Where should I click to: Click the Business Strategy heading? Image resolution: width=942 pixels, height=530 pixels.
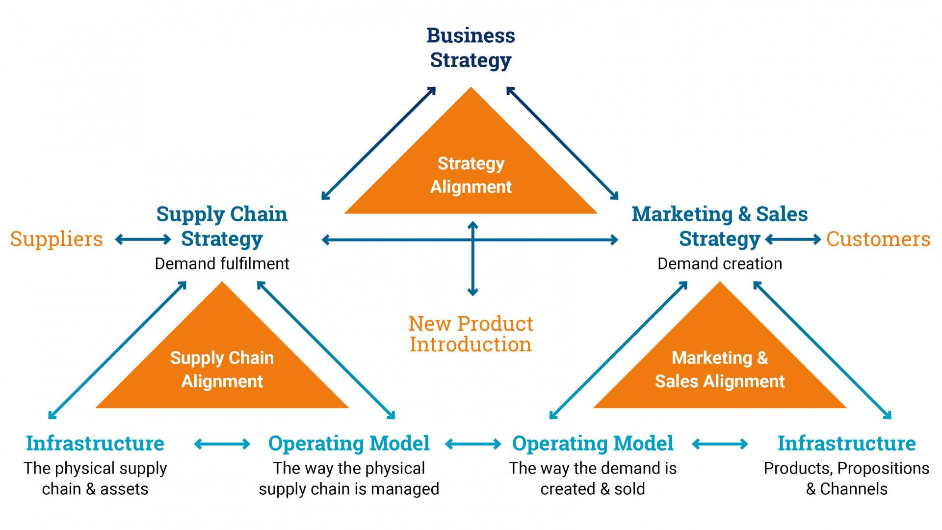(471, 48)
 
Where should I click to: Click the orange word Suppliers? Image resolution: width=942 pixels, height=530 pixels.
(56, 239)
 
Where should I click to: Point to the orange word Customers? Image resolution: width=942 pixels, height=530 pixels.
(878, 239)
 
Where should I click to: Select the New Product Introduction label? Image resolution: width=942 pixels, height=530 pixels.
(471, 334)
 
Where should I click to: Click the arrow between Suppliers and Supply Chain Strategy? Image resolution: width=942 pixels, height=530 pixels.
(143, 239)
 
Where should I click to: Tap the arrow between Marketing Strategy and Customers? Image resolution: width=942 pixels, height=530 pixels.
(793, 239)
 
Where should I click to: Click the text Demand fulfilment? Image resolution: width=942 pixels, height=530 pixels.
(222, 264)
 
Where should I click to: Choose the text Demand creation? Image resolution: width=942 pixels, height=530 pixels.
(720, 264)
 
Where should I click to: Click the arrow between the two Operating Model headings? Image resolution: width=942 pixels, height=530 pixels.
(473, 445)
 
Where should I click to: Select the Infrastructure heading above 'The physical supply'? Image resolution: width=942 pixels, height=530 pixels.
(95, 444)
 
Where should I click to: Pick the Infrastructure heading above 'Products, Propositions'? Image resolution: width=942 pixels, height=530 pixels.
(846, 444)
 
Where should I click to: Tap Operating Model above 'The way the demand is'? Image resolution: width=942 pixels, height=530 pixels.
(593, 444)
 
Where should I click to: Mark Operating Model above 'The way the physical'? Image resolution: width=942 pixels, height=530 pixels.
(349, 444)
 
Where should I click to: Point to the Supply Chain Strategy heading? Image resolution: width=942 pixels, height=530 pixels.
(222, 227)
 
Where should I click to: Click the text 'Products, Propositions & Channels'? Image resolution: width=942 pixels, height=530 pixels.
(846, 478)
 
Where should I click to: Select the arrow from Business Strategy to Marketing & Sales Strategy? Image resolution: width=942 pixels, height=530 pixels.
(562, 143)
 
